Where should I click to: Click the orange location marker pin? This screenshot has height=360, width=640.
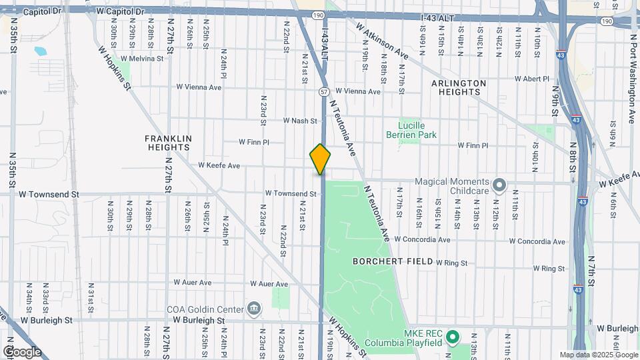[x=320, y=159]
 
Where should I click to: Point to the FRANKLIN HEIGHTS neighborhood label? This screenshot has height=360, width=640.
[x=169, y=143]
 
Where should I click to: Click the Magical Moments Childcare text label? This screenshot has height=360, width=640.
[x=451, y=186]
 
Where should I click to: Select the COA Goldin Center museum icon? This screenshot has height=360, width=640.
[x=254, y=308]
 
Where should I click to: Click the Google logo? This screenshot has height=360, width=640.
[x=21, y=351]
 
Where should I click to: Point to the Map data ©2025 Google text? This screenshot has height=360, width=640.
[x=598, y=355]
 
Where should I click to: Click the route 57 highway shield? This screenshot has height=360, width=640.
[x=323, y=91]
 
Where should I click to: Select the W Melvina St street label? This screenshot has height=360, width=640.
[x=141, y=59]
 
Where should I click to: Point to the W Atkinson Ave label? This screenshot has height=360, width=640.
[x=382, y=41]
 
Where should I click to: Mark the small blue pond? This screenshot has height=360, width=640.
[x=37, y=51]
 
